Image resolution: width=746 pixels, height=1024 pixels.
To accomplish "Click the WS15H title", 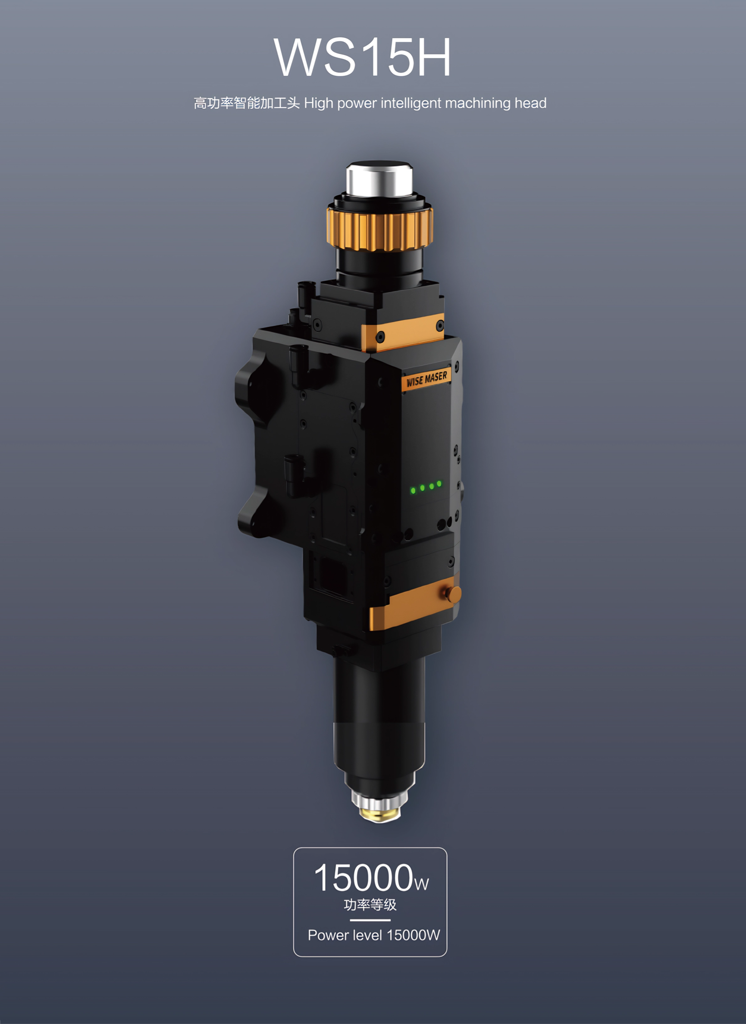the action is (362, 57).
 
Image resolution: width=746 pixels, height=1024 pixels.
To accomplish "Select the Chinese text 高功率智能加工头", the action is (247, 103).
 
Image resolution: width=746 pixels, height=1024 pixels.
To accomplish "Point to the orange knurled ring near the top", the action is (380, 230).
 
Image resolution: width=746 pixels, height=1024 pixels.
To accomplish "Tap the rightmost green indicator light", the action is (439, 484).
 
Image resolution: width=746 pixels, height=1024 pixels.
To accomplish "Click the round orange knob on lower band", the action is (453, 594).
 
